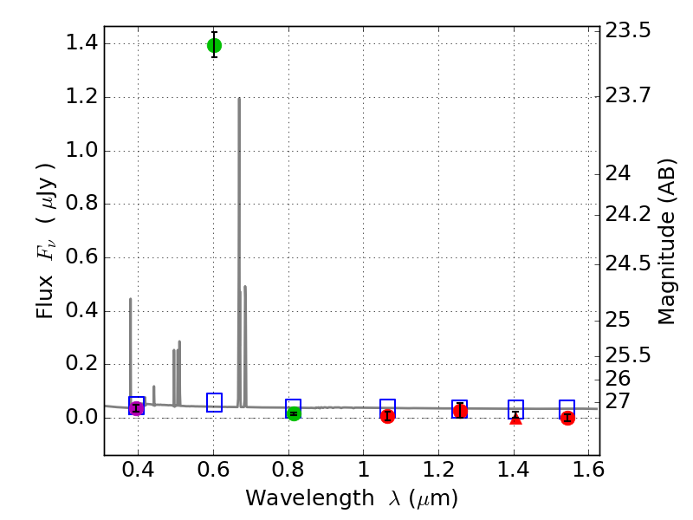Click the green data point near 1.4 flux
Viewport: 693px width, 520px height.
pyautogui.click(x=214, y=45)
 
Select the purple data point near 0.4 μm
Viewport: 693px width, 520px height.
pyautogui.click(x=136, y=408)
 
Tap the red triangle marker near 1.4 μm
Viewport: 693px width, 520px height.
pyautogui.click(x=515, y=419)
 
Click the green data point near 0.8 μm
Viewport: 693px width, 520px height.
pyautogui.click(x=294, y=413)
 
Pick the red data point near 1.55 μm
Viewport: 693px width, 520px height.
pyautogui.click(x=567, y=418)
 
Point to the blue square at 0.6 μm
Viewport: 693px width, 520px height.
pyautogui.click(x=215, y=402)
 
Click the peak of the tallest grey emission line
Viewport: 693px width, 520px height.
pyautogui.click(x=239, y=98)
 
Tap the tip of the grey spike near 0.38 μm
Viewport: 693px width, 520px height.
pyautogui.click(x=131, y=299)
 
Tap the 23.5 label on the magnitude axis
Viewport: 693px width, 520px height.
pyautogui.click(x=627, y=31)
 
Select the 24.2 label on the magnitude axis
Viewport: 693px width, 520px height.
pyautogui.click(x=627, y=213)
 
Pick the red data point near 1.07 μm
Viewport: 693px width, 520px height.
pyautogui.click(x=387, y=416)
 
